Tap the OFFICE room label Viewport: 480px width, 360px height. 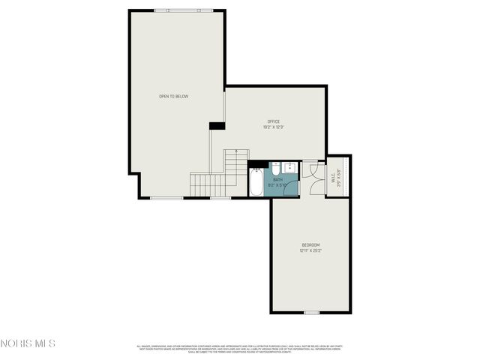pyautogui.click(x=274, y=121)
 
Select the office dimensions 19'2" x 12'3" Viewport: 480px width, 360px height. pyautogui.click(x=274, y=127)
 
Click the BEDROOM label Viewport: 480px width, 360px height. pyautogui.click(x=310, y=245)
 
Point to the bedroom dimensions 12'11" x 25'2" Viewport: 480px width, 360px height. pyautogui.click(x=310, y=251)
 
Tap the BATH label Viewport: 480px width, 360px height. pyautogui.click(x=277, y=179)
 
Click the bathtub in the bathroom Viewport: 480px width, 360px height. pyautogui.click(x=256, y=181)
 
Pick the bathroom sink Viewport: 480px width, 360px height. pyautogui.click(x=275, y=166)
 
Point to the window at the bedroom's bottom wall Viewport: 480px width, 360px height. pyautogui.click(x=311, y=312)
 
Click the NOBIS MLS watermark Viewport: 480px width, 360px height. pyautogui.click(x=28, y=343)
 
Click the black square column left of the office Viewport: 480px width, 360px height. pyautogui.click(x=216, y=125)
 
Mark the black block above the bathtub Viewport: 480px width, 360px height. pyautogui.click(x=257, y=163)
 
